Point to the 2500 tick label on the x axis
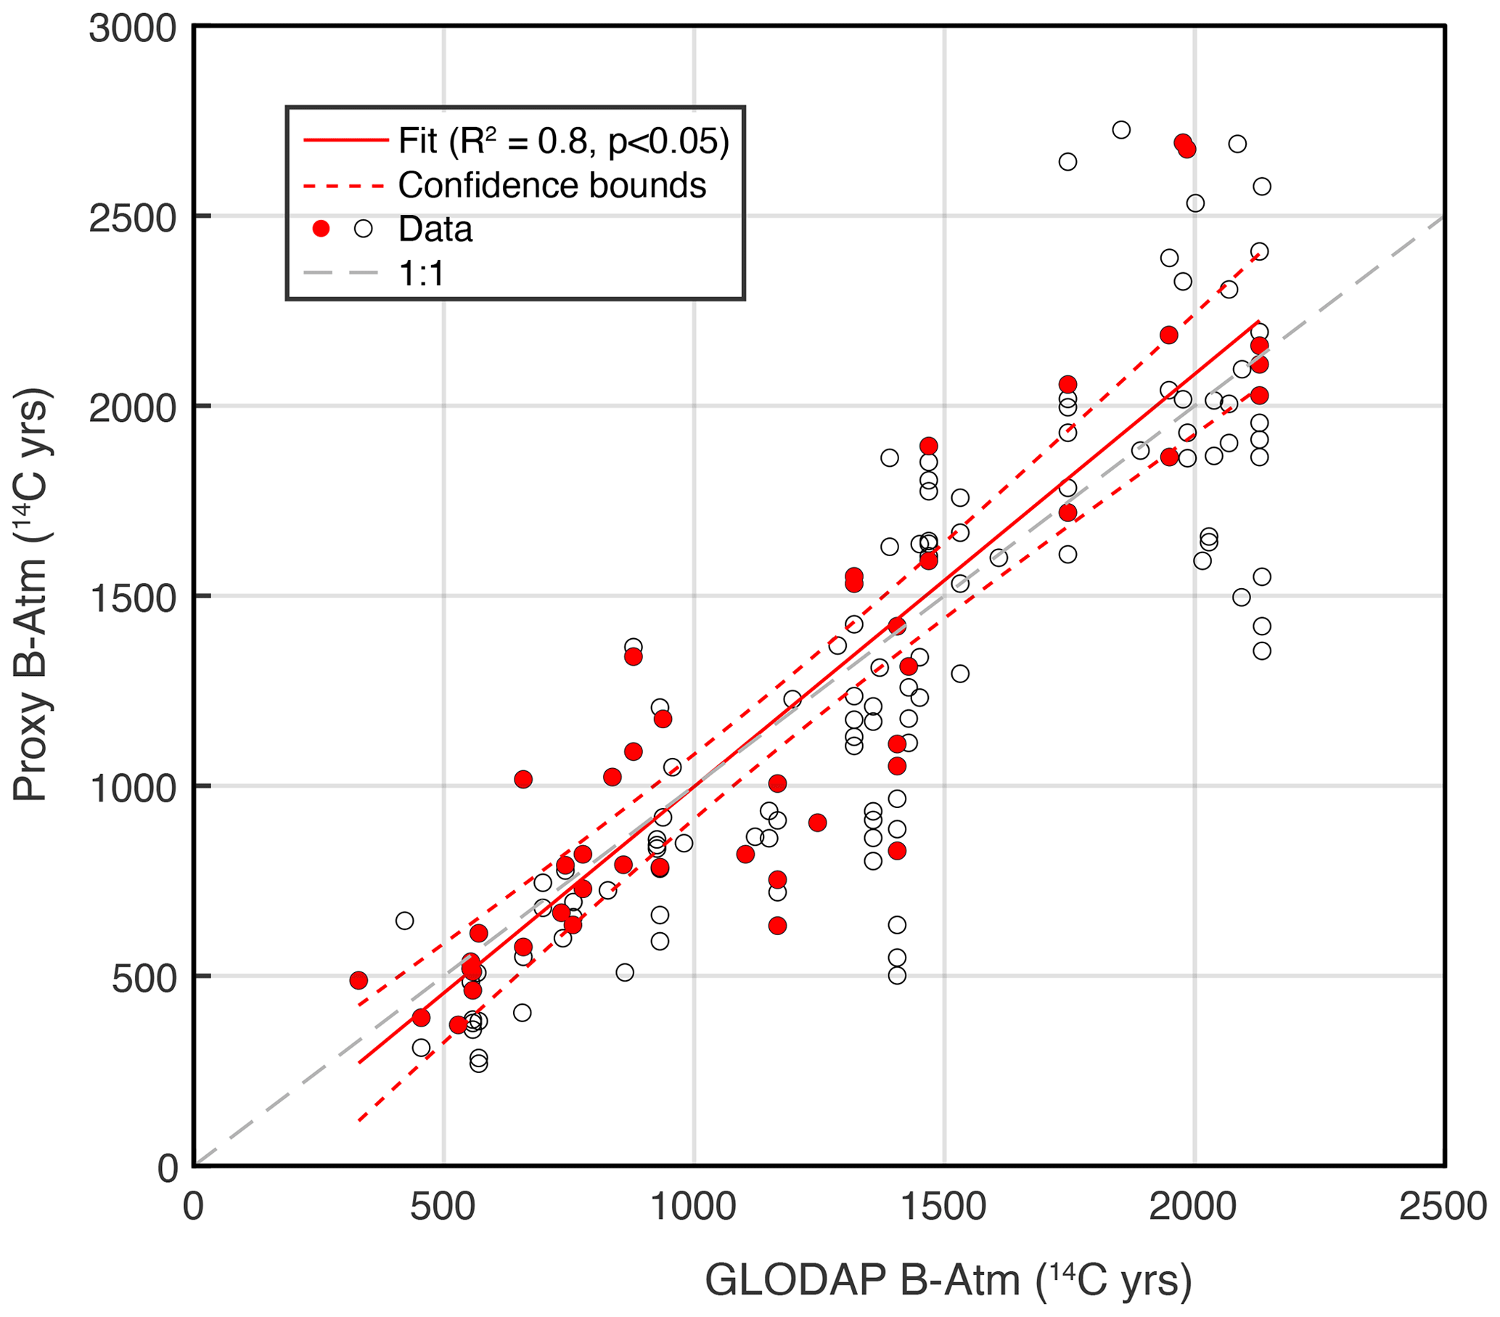click(1443, 1207)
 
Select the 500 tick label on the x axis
click(443, 1207)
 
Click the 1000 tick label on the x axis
click(694, 1207)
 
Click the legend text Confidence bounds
click(552, 186)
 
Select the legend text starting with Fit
click(564, 141)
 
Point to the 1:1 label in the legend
click(422, 274)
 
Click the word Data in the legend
click(435, 229)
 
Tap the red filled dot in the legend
click(321, 229)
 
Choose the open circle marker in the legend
click(364, 229)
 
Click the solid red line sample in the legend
click(345, 140)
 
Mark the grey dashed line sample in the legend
click(341, 274)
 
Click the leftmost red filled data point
click(358, 981)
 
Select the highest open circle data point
click(1120, 130)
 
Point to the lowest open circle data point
click(478, 1064)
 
